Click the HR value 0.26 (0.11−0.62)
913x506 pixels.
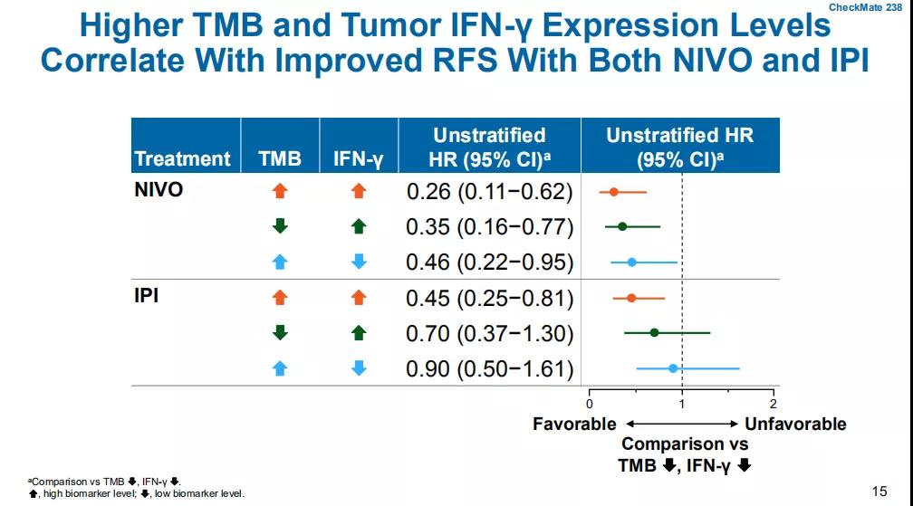(489, 192)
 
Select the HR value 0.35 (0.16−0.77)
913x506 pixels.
(489, 226)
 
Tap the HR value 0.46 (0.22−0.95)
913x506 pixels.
(489, 263)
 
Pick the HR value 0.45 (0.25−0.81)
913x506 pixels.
(489, 298)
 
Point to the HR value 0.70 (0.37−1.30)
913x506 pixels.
(489, 334)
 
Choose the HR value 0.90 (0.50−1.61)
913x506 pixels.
(489, 369)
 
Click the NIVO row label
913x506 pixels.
(159, 190)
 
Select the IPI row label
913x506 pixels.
(147, 296)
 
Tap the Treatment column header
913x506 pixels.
(182, 158)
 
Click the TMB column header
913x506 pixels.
(280, 158)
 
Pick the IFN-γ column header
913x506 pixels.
(359, 159)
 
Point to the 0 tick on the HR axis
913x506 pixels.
(590, 403)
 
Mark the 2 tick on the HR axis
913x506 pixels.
(773, 403)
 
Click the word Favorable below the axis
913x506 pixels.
(574, 424)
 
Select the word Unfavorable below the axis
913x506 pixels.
(795, 424)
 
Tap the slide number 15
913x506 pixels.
(879, 492)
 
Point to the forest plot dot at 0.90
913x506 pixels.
(672, 368)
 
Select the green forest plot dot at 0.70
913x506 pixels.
(654, 333)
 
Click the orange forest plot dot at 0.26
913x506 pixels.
(613, 192)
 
